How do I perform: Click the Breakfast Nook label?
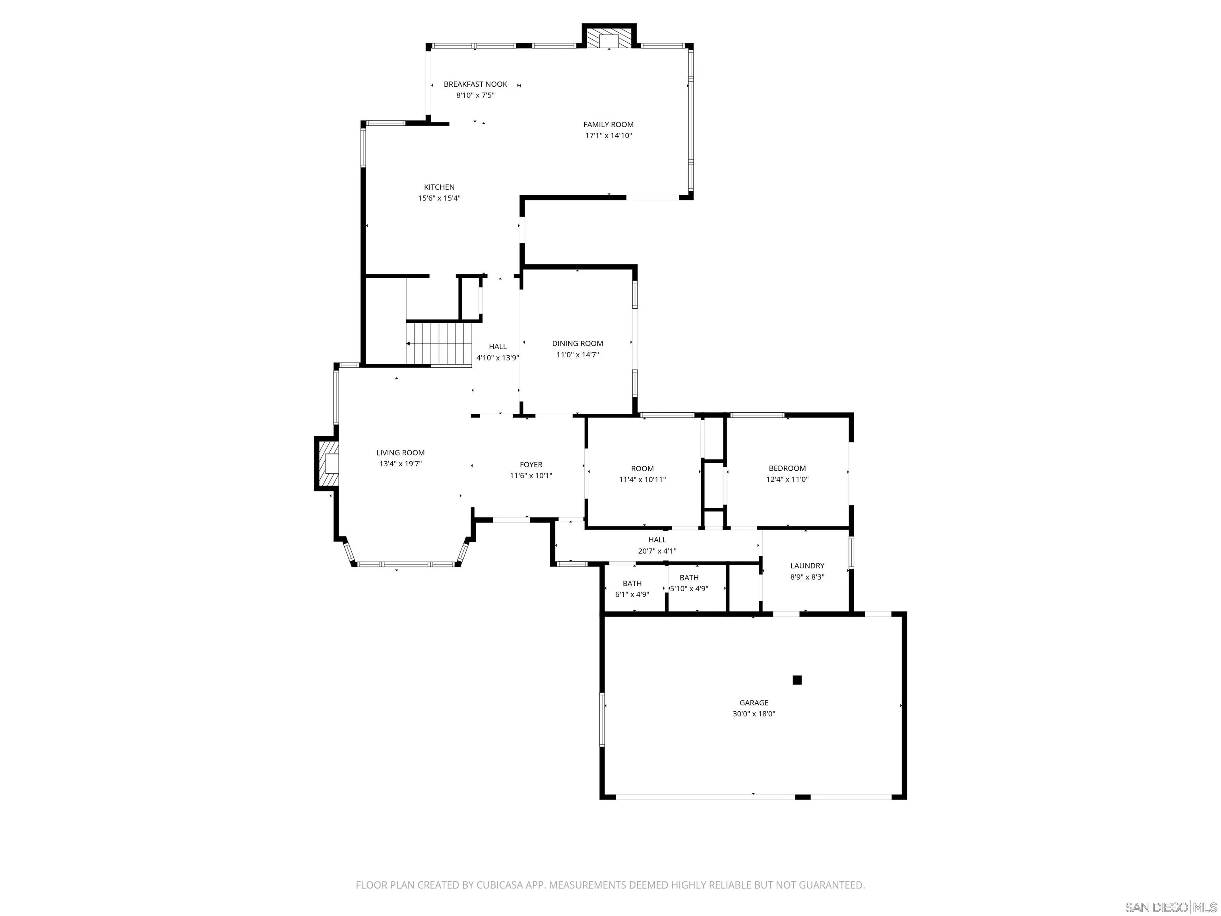point(475,84)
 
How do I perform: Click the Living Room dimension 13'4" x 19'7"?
point(400,464)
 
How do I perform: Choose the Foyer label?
point(531,465)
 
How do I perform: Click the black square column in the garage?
point(797,680)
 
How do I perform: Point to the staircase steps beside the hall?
point(440,343)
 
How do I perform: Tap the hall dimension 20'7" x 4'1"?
point(657,551)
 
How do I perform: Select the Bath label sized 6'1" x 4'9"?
point(632,584)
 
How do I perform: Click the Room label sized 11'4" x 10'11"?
point(642,469)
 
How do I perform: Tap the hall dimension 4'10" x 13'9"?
point(497,358)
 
